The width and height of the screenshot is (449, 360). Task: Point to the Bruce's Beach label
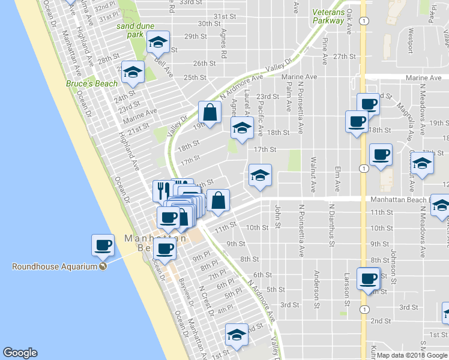coord(92,84)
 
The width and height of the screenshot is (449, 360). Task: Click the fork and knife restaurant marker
coord(161,191)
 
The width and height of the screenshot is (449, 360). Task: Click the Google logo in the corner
coord(20,353)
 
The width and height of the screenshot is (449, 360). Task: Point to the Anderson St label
coord(316,290)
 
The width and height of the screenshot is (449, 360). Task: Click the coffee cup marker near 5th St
coord(369,278)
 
